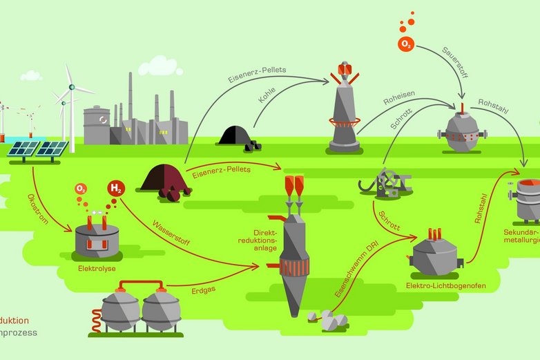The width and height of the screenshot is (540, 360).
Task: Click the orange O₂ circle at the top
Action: tap(406, 44)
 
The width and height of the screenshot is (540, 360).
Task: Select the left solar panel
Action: tap(24, 149)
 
